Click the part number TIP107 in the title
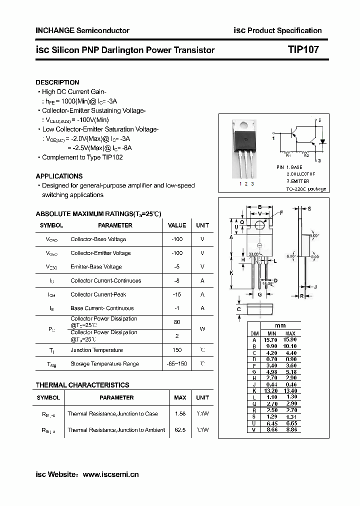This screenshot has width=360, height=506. coord(303,50)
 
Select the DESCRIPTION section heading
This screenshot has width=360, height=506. coord(57,82)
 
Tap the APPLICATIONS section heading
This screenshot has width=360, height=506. coord(59,176)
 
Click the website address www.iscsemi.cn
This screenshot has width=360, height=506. coord(110,474)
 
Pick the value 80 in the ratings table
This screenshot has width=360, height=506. coord(176,322)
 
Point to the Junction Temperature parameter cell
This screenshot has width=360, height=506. coord(96,350)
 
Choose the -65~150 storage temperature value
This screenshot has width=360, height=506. coord(176,363)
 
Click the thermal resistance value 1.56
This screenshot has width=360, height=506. coord(180,413)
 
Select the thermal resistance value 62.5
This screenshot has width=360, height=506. coord(180,429)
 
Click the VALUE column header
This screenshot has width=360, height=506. coord(176,225)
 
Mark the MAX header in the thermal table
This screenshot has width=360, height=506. coord(180,397)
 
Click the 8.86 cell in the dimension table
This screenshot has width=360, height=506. coord(290,428)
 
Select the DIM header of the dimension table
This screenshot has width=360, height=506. coord(254,333)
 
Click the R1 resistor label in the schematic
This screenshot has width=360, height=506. coord(288,156)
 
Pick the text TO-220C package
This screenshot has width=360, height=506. coord(306,189)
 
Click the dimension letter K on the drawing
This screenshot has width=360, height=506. coord(231,273)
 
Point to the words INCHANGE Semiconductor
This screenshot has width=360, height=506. coord(82,30)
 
